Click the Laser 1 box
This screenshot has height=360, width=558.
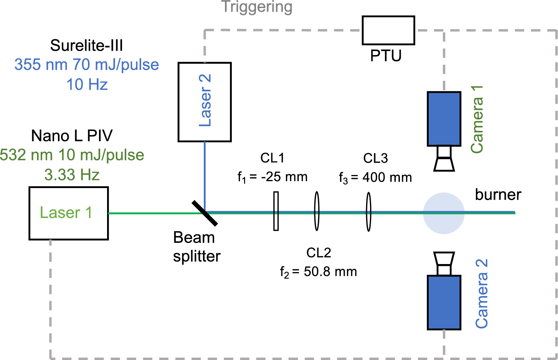pos(68,213)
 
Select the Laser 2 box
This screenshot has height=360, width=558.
pos(205,102)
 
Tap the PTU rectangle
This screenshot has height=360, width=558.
pos(388,30)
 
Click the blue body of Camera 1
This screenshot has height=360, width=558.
pos(444,119)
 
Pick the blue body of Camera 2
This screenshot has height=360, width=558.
pos(444,302)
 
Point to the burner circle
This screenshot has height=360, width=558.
pos(444,213)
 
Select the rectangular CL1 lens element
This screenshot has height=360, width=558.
pos(276,211)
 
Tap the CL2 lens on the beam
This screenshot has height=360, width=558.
pos(317,211)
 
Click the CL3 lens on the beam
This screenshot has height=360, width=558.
pos(368,211)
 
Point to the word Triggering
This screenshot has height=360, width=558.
pos(257,7)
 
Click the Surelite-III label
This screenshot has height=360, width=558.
pos(87,46)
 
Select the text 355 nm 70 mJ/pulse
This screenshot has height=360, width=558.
pos(87,65)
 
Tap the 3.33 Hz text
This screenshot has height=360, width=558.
pos(72,175)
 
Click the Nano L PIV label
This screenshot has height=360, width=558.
pos(72,136)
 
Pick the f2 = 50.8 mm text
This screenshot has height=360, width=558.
pos(319,272)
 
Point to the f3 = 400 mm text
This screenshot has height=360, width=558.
pos(375,177)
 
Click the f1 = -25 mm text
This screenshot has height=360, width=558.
pos(272,177)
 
